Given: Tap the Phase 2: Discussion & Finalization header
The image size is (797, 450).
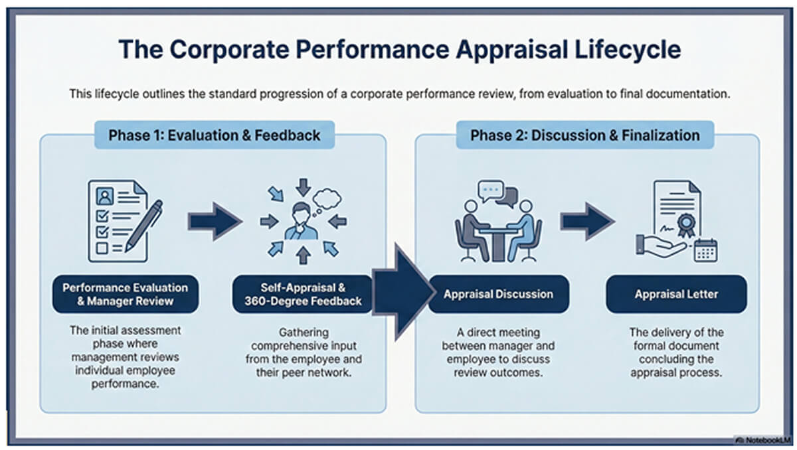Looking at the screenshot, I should tap(584, 135).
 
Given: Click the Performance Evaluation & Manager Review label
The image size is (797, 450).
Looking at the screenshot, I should tap(126, 294).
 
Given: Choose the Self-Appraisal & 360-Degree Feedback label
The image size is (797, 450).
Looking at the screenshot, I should tap(302, 294).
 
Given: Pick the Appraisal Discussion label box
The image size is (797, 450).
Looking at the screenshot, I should tap(499, 294).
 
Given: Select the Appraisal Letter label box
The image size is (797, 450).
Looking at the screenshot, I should tap(676, 294).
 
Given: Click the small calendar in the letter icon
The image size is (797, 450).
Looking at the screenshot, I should tap(705, 250).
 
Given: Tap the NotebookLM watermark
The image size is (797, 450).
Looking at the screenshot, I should tap(764, 439).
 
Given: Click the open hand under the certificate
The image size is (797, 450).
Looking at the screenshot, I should tap(661, 246).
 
